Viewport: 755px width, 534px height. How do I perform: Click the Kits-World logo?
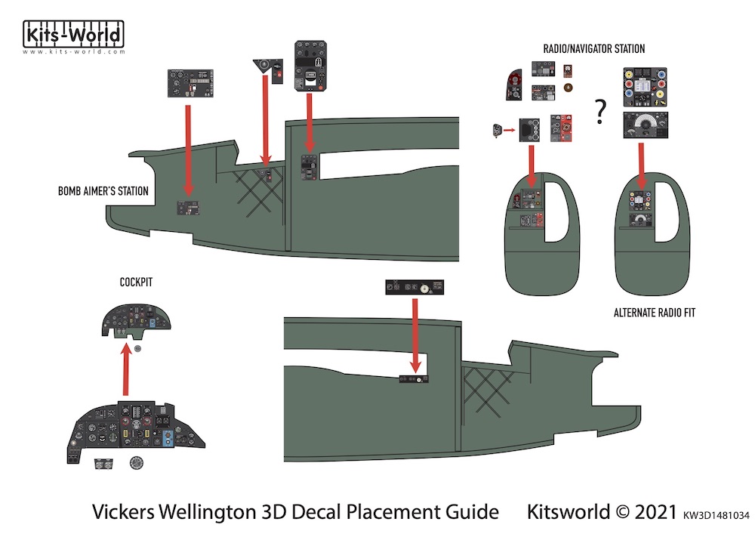pos(73,35)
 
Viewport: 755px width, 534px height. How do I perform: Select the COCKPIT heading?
pos(137,282)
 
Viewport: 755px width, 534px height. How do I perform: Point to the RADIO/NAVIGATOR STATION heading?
pos(594,49)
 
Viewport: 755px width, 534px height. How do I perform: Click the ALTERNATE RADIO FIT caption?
pos(655,313)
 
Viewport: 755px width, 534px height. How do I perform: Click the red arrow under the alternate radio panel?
pos(641,165)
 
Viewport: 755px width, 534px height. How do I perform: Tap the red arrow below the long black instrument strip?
pos(414,332)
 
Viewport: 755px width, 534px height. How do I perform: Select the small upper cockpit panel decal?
pos(137,323)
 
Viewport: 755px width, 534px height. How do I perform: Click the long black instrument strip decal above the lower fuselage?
pos(414,287)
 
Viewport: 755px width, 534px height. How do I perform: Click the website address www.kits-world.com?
pos(73,52)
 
